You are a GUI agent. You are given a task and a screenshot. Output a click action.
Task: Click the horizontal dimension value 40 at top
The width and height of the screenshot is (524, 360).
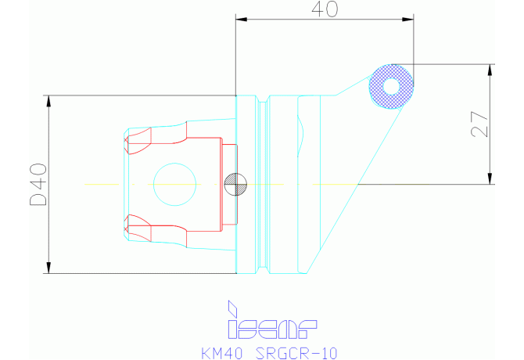(325, 9)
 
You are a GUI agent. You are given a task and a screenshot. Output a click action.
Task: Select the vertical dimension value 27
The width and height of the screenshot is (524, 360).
(479, 124)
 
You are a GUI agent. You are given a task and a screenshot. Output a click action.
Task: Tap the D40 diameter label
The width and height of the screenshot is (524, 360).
(39, 184)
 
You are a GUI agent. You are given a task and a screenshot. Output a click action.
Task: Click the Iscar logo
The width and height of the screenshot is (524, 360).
(272, 320)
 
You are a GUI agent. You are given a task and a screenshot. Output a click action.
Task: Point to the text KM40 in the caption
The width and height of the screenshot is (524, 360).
(222, 353)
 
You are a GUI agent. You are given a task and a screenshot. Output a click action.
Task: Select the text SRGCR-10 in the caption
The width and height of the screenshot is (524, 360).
(296, 353)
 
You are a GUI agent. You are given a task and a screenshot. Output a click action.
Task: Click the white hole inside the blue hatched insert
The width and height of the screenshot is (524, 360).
(391, 86)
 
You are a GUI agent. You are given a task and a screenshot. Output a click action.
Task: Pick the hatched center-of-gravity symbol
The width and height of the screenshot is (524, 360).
(235, 184)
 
